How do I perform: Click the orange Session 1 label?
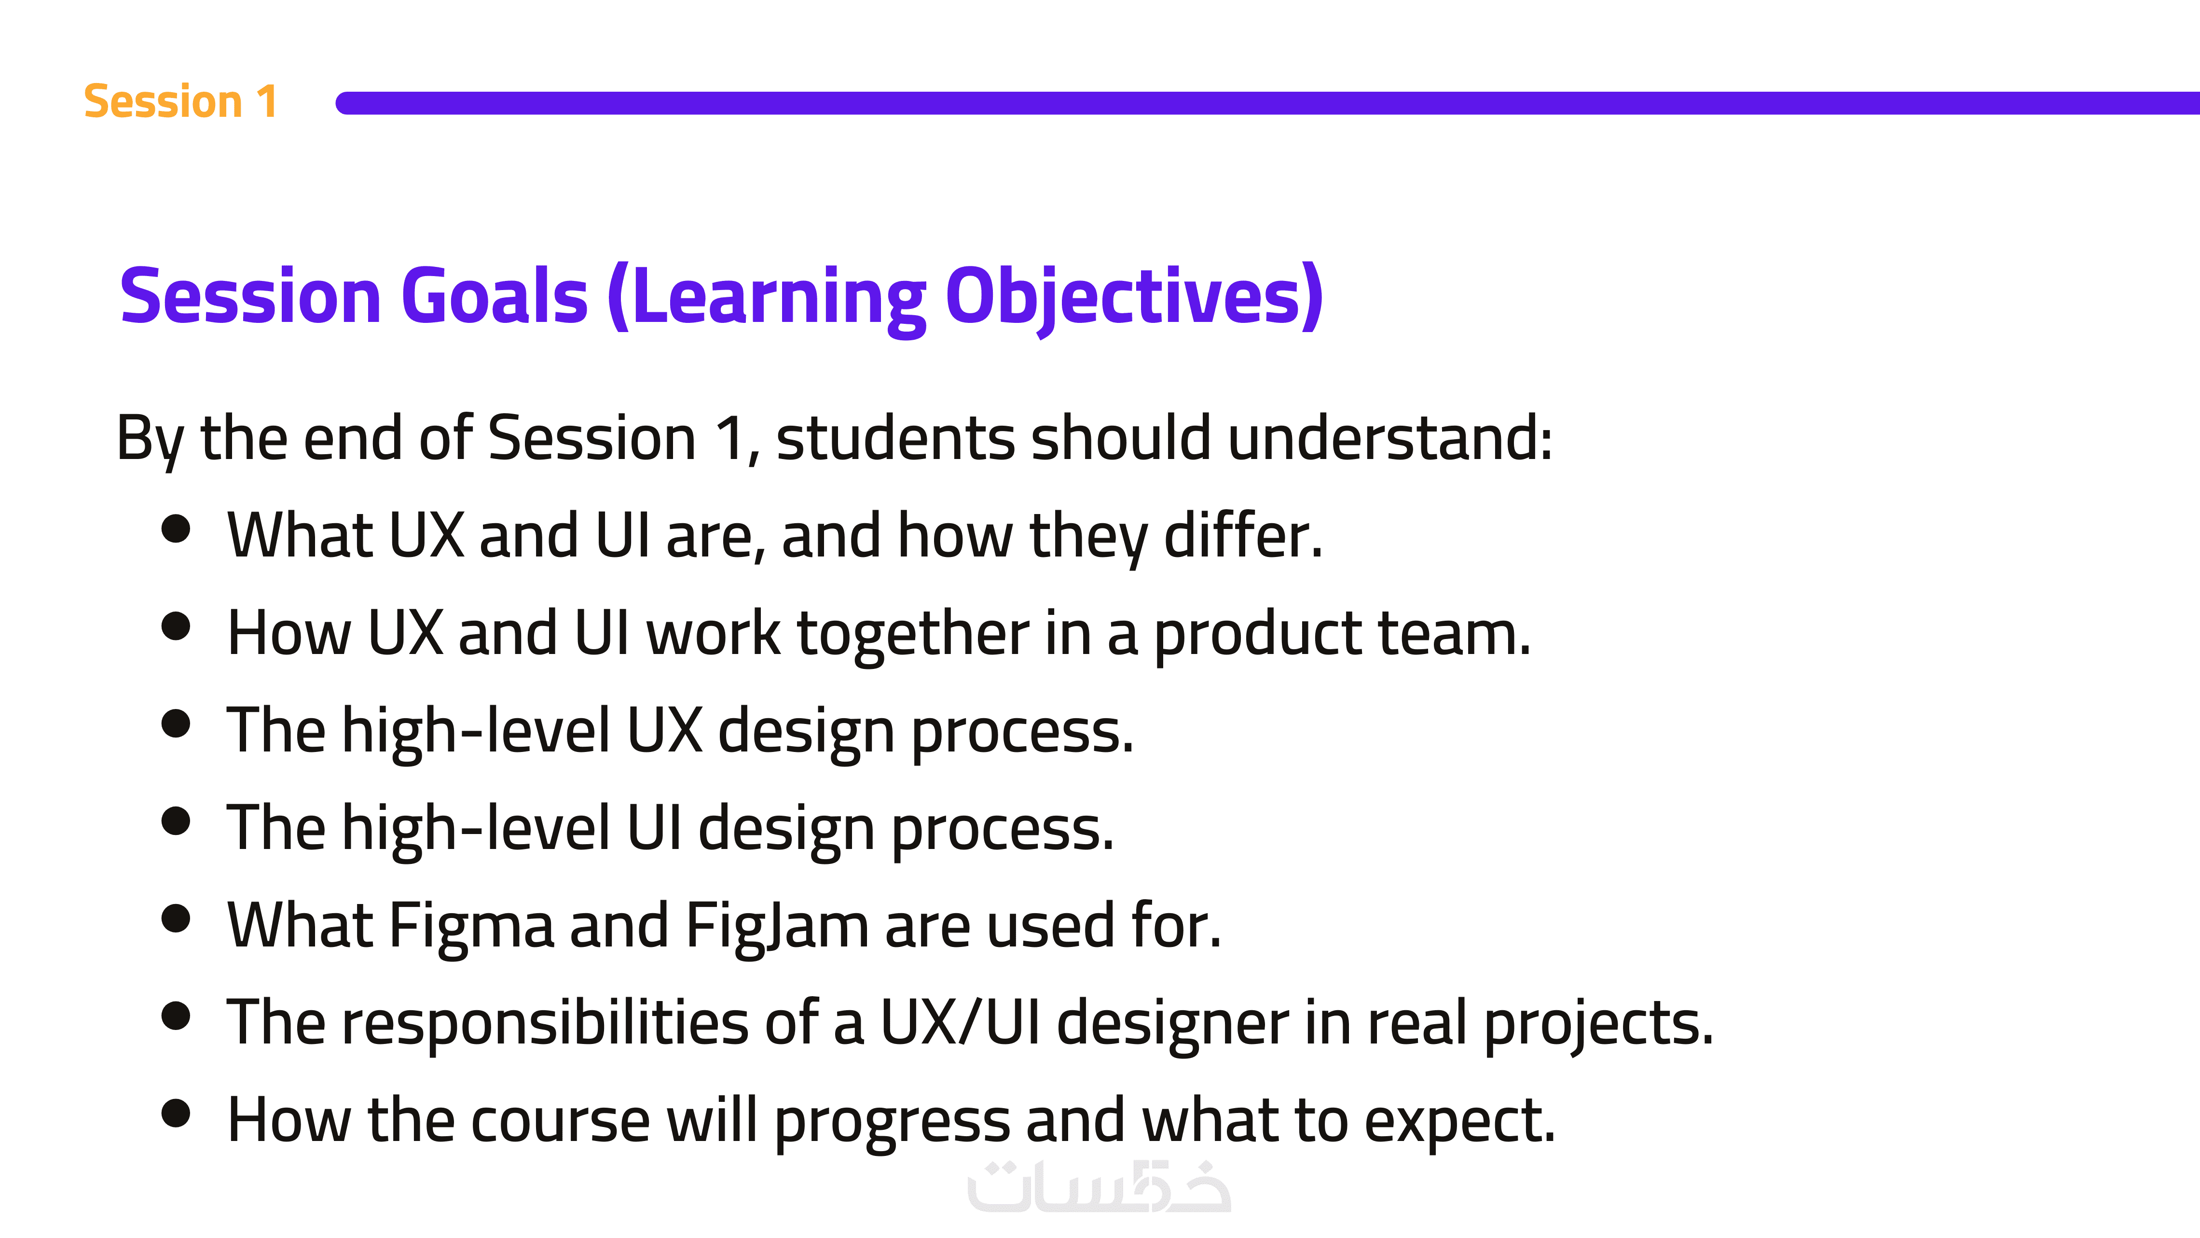click(x=180, y=102)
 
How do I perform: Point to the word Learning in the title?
click(x=768, y=299)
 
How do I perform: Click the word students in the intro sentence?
click(x=895, y=438)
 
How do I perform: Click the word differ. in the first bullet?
click(x=1243, y=536)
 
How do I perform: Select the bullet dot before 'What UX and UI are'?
click(x=176, y=529)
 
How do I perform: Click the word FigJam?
click(x=777, y=928)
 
